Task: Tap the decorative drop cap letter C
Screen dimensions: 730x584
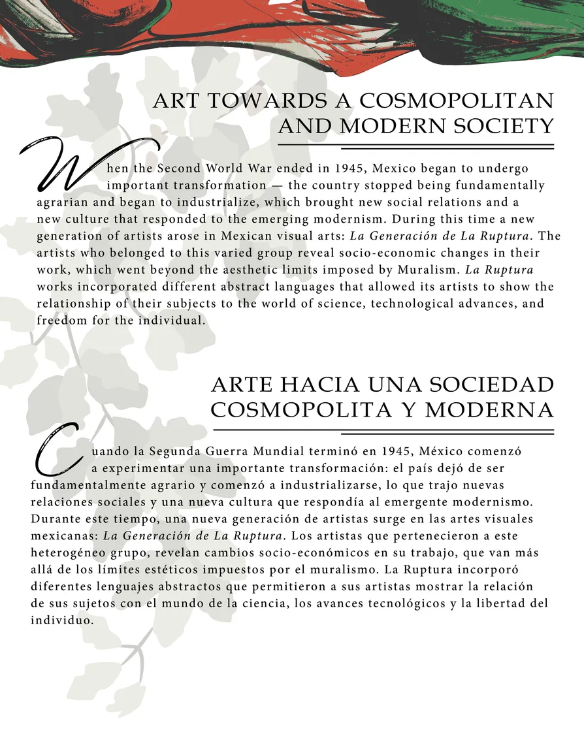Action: [59, 451]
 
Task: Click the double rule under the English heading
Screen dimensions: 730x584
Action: [415, 146]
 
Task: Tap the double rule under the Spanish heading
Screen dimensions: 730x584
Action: [383, 431]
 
